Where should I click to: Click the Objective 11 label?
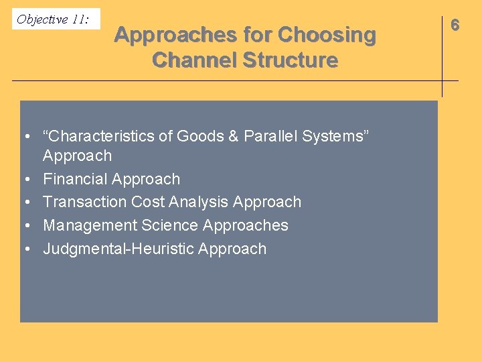tap(53, 19)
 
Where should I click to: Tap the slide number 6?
tap(455, 25)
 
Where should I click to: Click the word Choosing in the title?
tap(327, 35)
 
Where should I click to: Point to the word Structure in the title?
tap(290, 60)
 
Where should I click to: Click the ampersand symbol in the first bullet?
tap(234, 136)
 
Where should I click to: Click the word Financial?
tap(75, 179)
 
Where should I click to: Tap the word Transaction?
tap(85, 202)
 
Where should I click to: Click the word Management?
tap(90, 225)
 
